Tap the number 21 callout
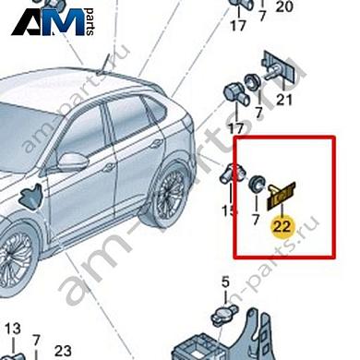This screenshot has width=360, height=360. pyautogui.click(x=284, y=100)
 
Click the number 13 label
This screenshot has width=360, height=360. pyautogui.click(x=12, y=330)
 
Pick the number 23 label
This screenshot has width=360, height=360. pyautogui.click(x=63, y=350)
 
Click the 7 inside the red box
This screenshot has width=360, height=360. pyautogui.click(x=258, y=220)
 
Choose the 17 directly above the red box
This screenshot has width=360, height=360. pyautogui.click(x=237, y=129)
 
